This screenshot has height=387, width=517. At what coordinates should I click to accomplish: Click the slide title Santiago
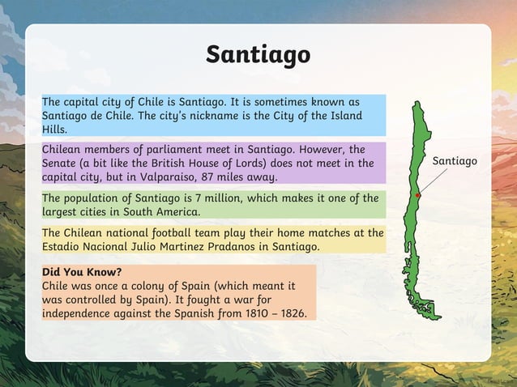point(258,54)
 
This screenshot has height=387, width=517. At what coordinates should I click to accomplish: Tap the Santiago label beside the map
point(455,161)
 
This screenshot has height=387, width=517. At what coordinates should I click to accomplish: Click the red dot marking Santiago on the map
point(418,196)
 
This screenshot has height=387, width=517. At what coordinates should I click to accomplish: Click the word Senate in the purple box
point(62,164)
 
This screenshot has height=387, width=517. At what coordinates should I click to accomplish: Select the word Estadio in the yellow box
point(64,246)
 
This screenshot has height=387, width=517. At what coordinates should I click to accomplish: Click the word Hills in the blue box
point(54,130)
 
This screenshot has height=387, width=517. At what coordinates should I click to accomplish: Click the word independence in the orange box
point(81,313)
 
